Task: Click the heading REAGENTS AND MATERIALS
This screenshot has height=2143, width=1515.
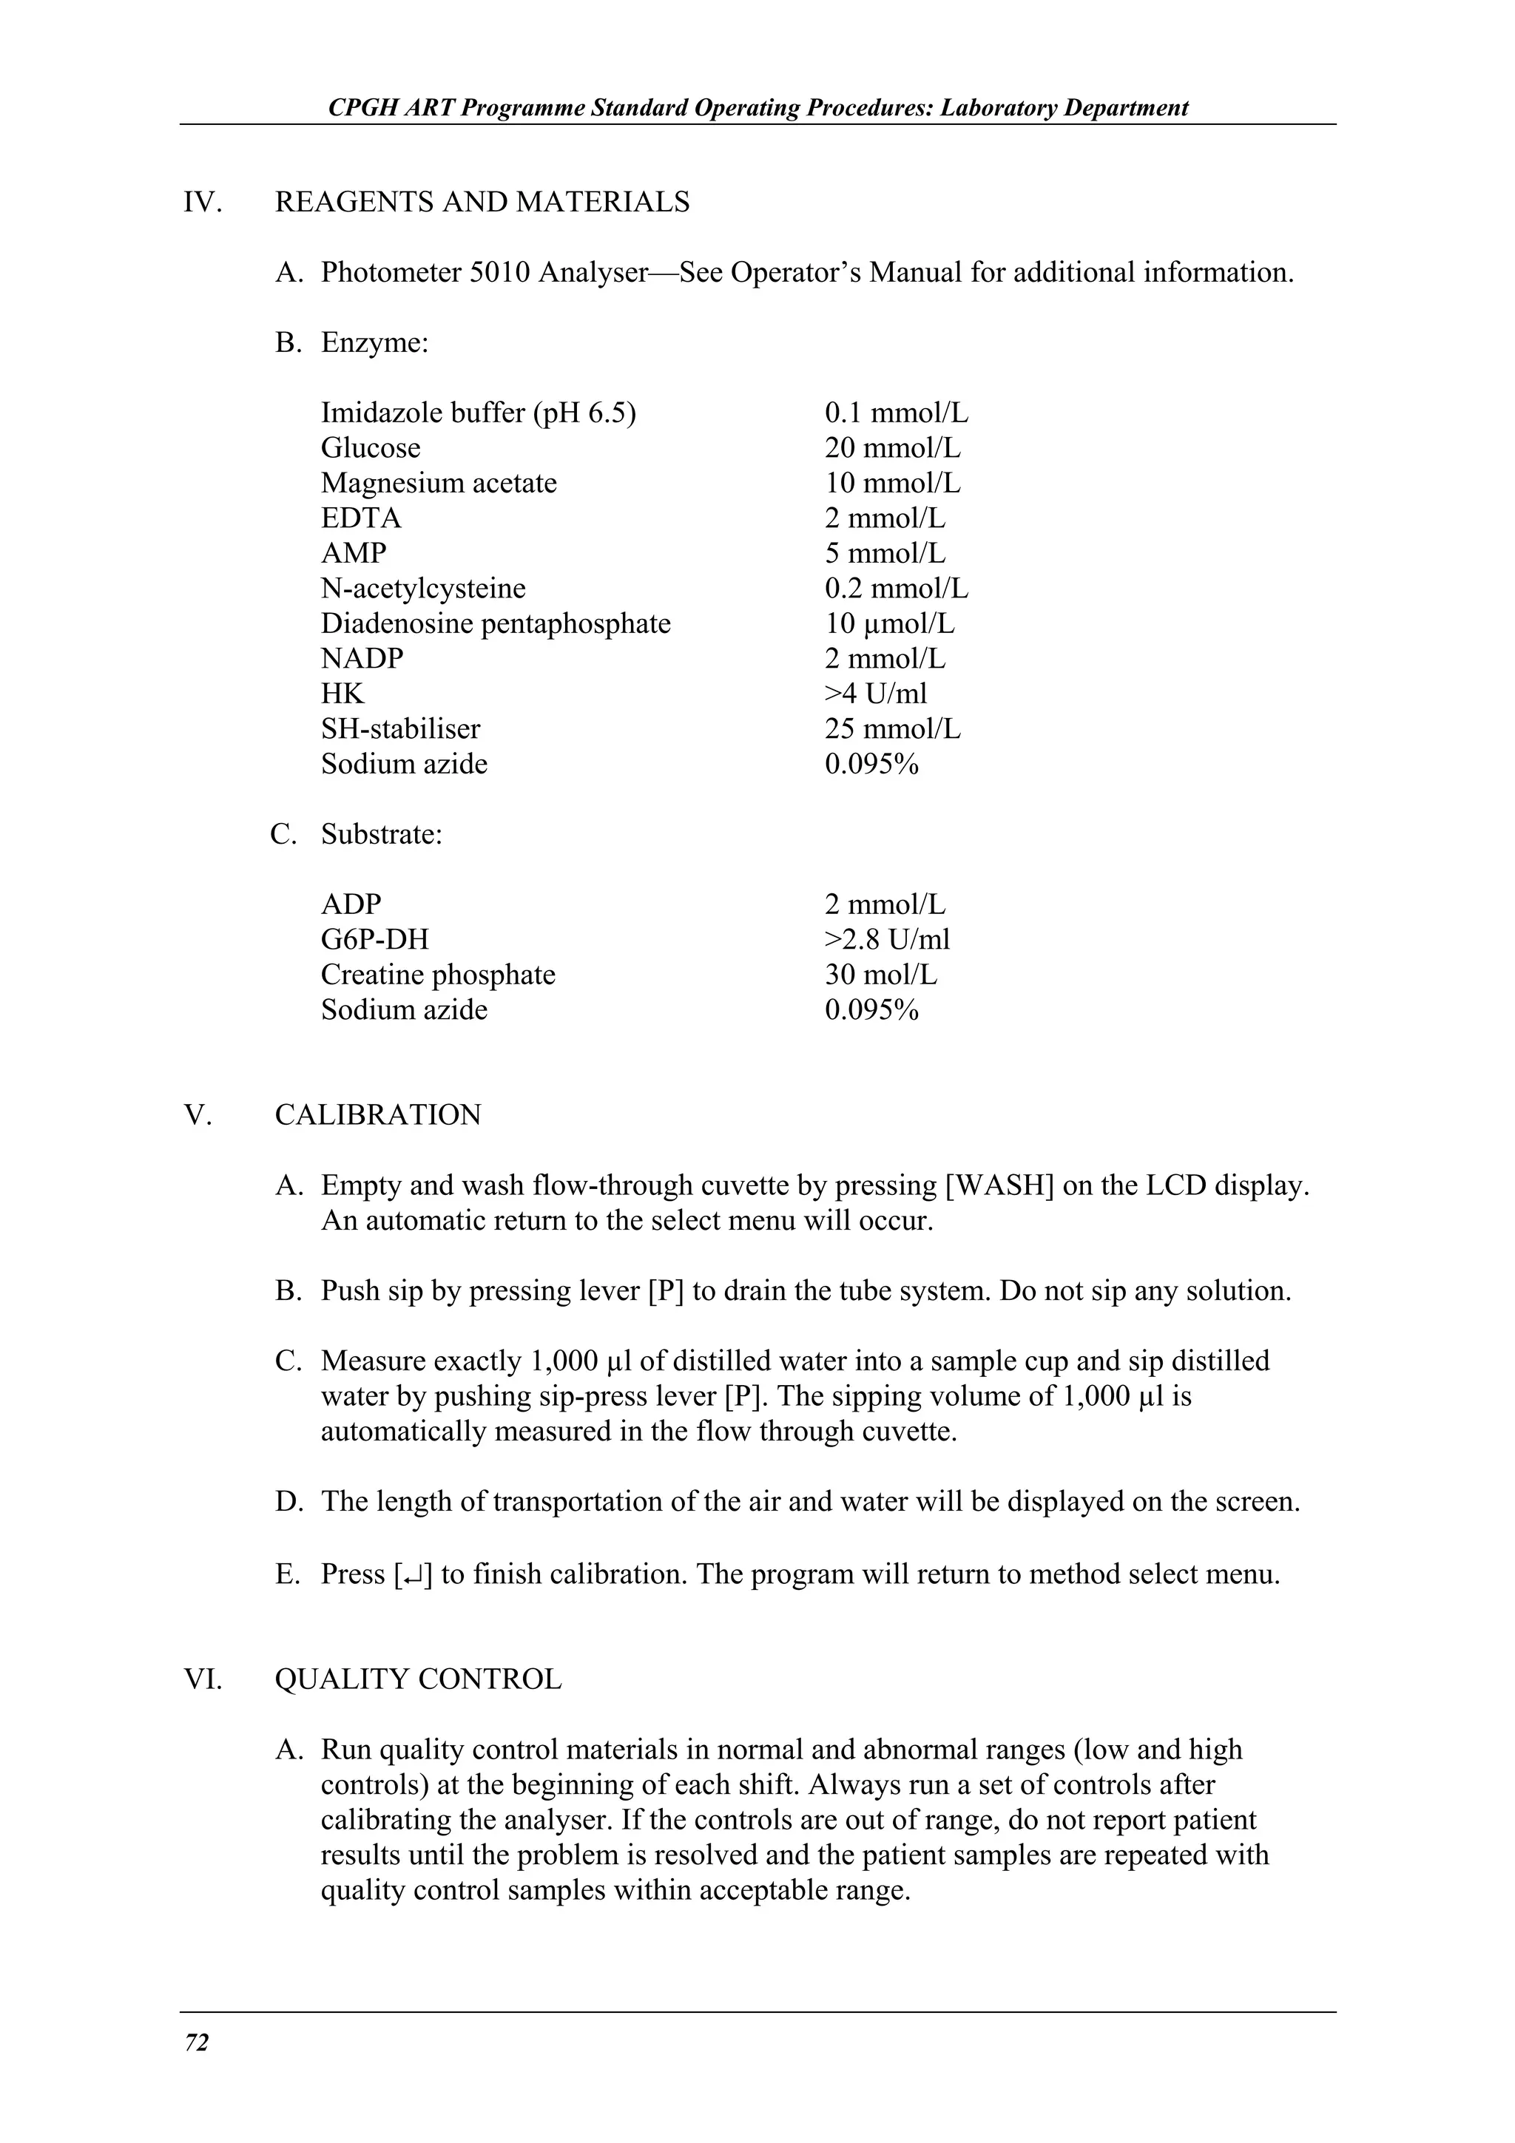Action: pos(482,202)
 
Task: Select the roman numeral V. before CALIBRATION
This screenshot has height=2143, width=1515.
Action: pos(198,1115)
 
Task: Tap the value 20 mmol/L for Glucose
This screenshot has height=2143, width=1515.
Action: pos(891,448)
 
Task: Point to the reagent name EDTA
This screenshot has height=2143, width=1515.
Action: pos(360,518)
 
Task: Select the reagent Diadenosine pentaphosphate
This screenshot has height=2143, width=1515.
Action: pos(495,623)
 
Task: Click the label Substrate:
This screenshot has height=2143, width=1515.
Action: pos(381,833)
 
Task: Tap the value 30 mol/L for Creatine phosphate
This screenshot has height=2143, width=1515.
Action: pos(880,975)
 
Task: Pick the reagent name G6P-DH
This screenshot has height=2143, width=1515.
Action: pos(374,939)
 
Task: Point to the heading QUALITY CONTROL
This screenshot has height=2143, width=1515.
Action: pos(417,1679)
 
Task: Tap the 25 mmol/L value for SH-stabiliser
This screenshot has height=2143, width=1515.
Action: pos(891,729)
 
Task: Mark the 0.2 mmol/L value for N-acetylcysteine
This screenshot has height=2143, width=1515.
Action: pos(895,589)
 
